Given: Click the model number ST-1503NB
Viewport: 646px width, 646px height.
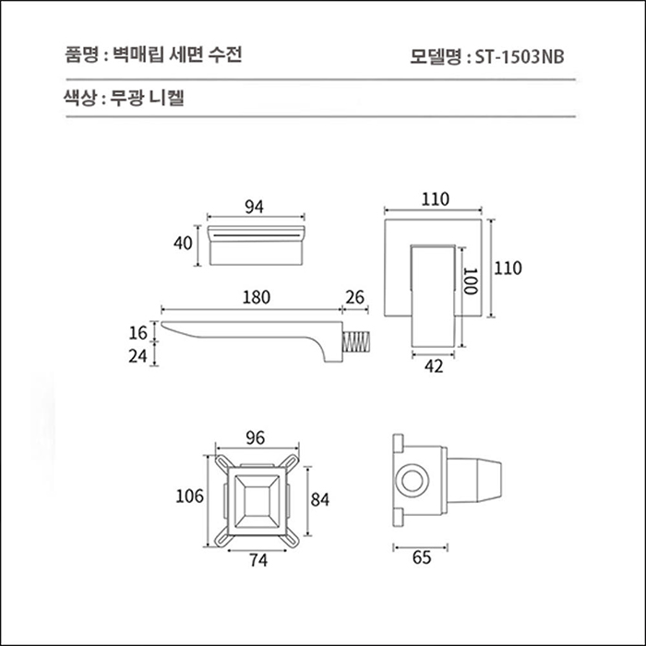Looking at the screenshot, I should pos(519,55).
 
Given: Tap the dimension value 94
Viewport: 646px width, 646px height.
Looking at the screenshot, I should pos(255,207).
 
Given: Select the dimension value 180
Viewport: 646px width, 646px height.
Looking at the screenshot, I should pos(256,297).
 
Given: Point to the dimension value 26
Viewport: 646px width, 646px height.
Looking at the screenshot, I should pos(354,297).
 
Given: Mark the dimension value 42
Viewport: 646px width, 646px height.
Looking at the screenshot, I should pos(435,366).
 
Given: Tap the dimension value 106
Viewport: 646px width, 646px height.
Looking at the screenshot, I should pos(189,497).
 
